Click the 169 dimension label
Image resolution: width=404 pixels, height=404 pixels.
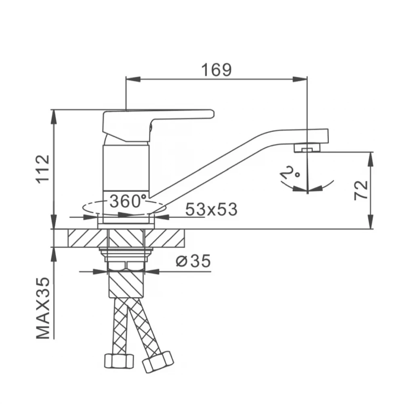[x=217, y=69]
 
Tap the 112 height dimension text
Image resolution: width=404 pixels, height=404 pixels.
[x=43, y=169]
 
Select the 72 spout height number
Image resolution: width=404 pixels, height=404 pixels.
[x=361, y=190]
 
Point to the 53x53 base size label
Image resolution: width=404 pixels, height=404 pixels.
[x=211, y=209]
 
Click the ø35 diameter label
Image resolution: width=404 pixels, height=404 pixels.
[x=193, y=261]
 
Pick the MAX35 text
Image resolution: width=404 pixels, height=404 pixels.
[x=43, y=308]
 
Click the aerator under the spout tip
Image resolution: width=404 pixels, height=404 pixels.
[x=307, y=147]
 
